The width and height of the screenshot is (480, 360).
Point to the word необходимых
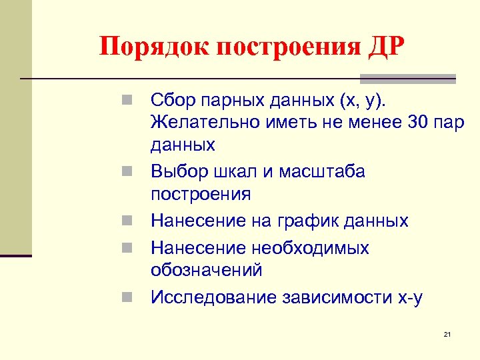click(x=310, y=248)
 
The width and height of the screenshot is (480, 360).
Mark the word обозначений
click(x=207, y=270)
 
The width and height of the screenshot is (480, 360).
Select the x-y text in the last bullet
click(x=407, y=297)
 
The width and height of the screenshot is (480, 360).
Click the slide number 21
click(x=447, y=333)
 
